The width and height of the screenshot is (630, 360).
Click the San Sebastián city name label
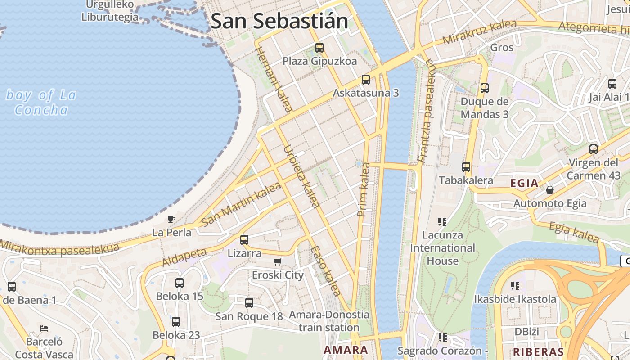click(279, 21)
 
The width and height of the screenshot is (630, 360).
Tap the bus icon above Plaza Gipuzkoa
click(319, 47)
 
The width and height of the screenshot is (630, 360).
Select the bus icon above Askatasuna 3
click(366, 80)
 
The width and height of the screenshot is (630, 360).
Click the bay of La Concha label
click(41, 102)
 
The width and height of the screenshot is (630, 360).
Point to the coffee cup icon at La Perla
click(171, 219)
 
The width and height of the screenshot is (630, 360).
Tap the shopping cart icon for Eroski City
click(278, 261)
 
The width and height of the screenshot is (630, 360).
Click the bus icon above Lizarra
click(244, 239)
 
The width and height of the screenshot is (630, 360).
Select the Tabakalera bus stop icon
click(466, 167)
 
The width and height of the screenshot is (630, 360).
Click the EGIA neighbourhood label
click(524, 183)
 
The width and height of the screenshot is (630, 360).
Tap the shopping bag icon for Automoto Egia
click(549, 190)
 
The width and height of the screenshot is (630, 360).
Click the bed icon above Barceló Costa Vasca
click(44, 328)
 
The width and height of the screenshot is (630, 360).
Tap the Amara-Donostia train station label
click(329, 321)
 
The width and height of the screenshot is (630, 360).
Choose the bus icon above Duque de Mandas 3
click(484, 88)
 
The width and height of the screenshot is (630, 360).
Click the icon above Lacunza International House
click(442, 221)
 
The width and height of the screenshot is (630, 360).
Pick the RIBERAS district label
click(539, 352)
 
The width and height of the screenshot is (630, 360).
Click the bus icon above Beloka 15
click(180, 283)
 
